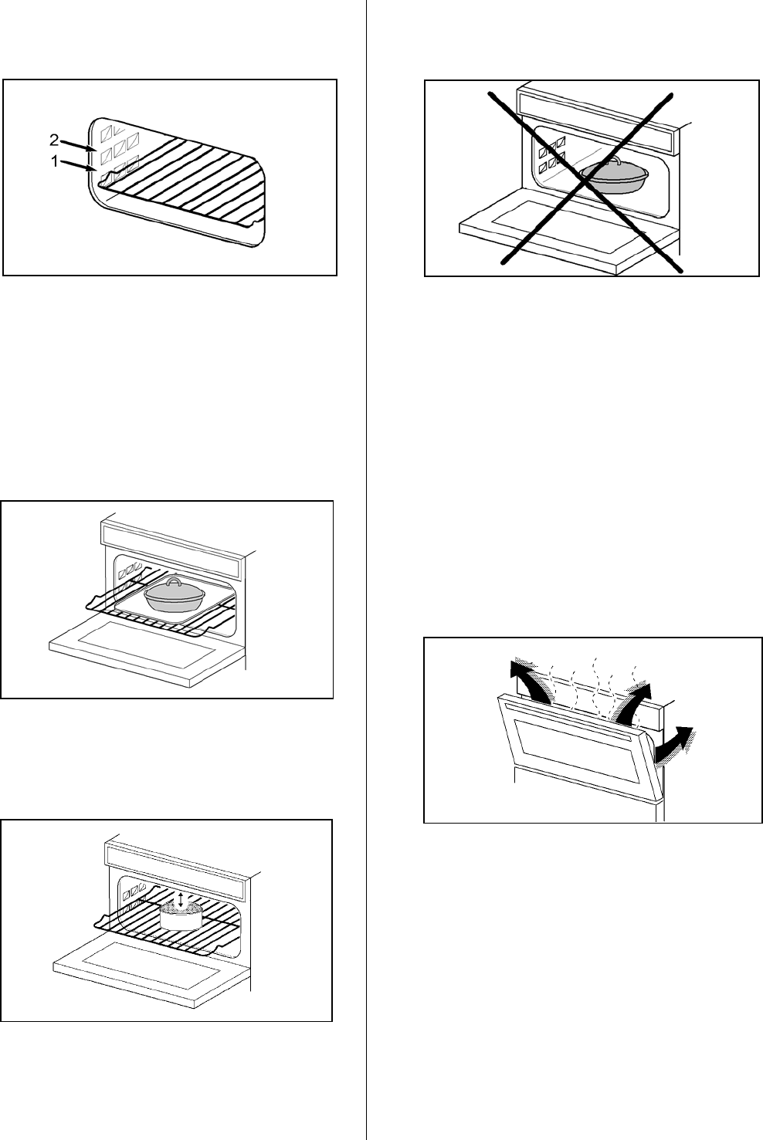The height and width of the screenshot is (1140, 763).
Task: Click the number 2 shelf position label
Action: [x=54, y=140]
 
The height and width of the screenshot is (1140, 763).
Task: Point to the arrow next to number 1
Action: [x=80, y=165]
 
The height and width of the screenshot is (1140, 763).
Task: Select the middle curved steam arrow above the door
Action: [x=638, y=700]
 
